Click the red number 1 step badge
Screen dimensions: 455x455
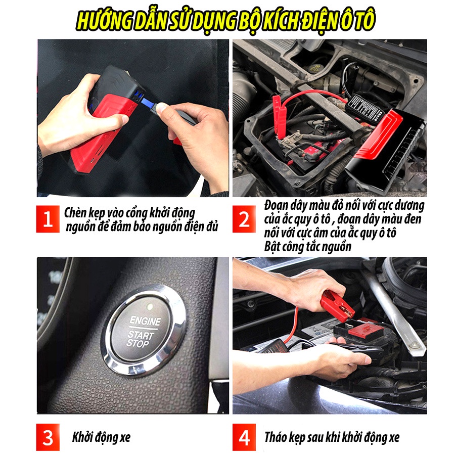[x=48, y=219]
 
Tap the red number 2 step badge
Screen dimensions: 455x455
[x=244, y=219]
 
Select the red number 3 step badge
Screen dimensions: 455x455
[x=48, y=437]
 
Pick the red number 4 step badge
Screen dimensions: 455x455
[x=244, y=437]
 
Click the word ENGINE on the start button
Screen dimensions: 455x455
[x=145, y=321]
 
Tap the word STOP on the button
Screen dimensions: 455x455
[x=138, y=344]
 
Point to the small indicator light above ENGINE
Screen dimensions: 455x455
[x=150, y=306]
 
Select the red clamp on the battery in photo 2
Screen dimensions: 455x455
[x=280, y=116]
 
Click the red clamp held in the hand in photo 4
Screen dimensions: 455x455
[x=337, y=306]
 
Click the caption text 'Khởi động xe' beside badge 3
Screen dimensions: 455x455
[x=101, y=437]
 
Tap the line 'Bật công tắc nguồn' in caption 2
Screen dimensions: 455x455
[x=308, y=246]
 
